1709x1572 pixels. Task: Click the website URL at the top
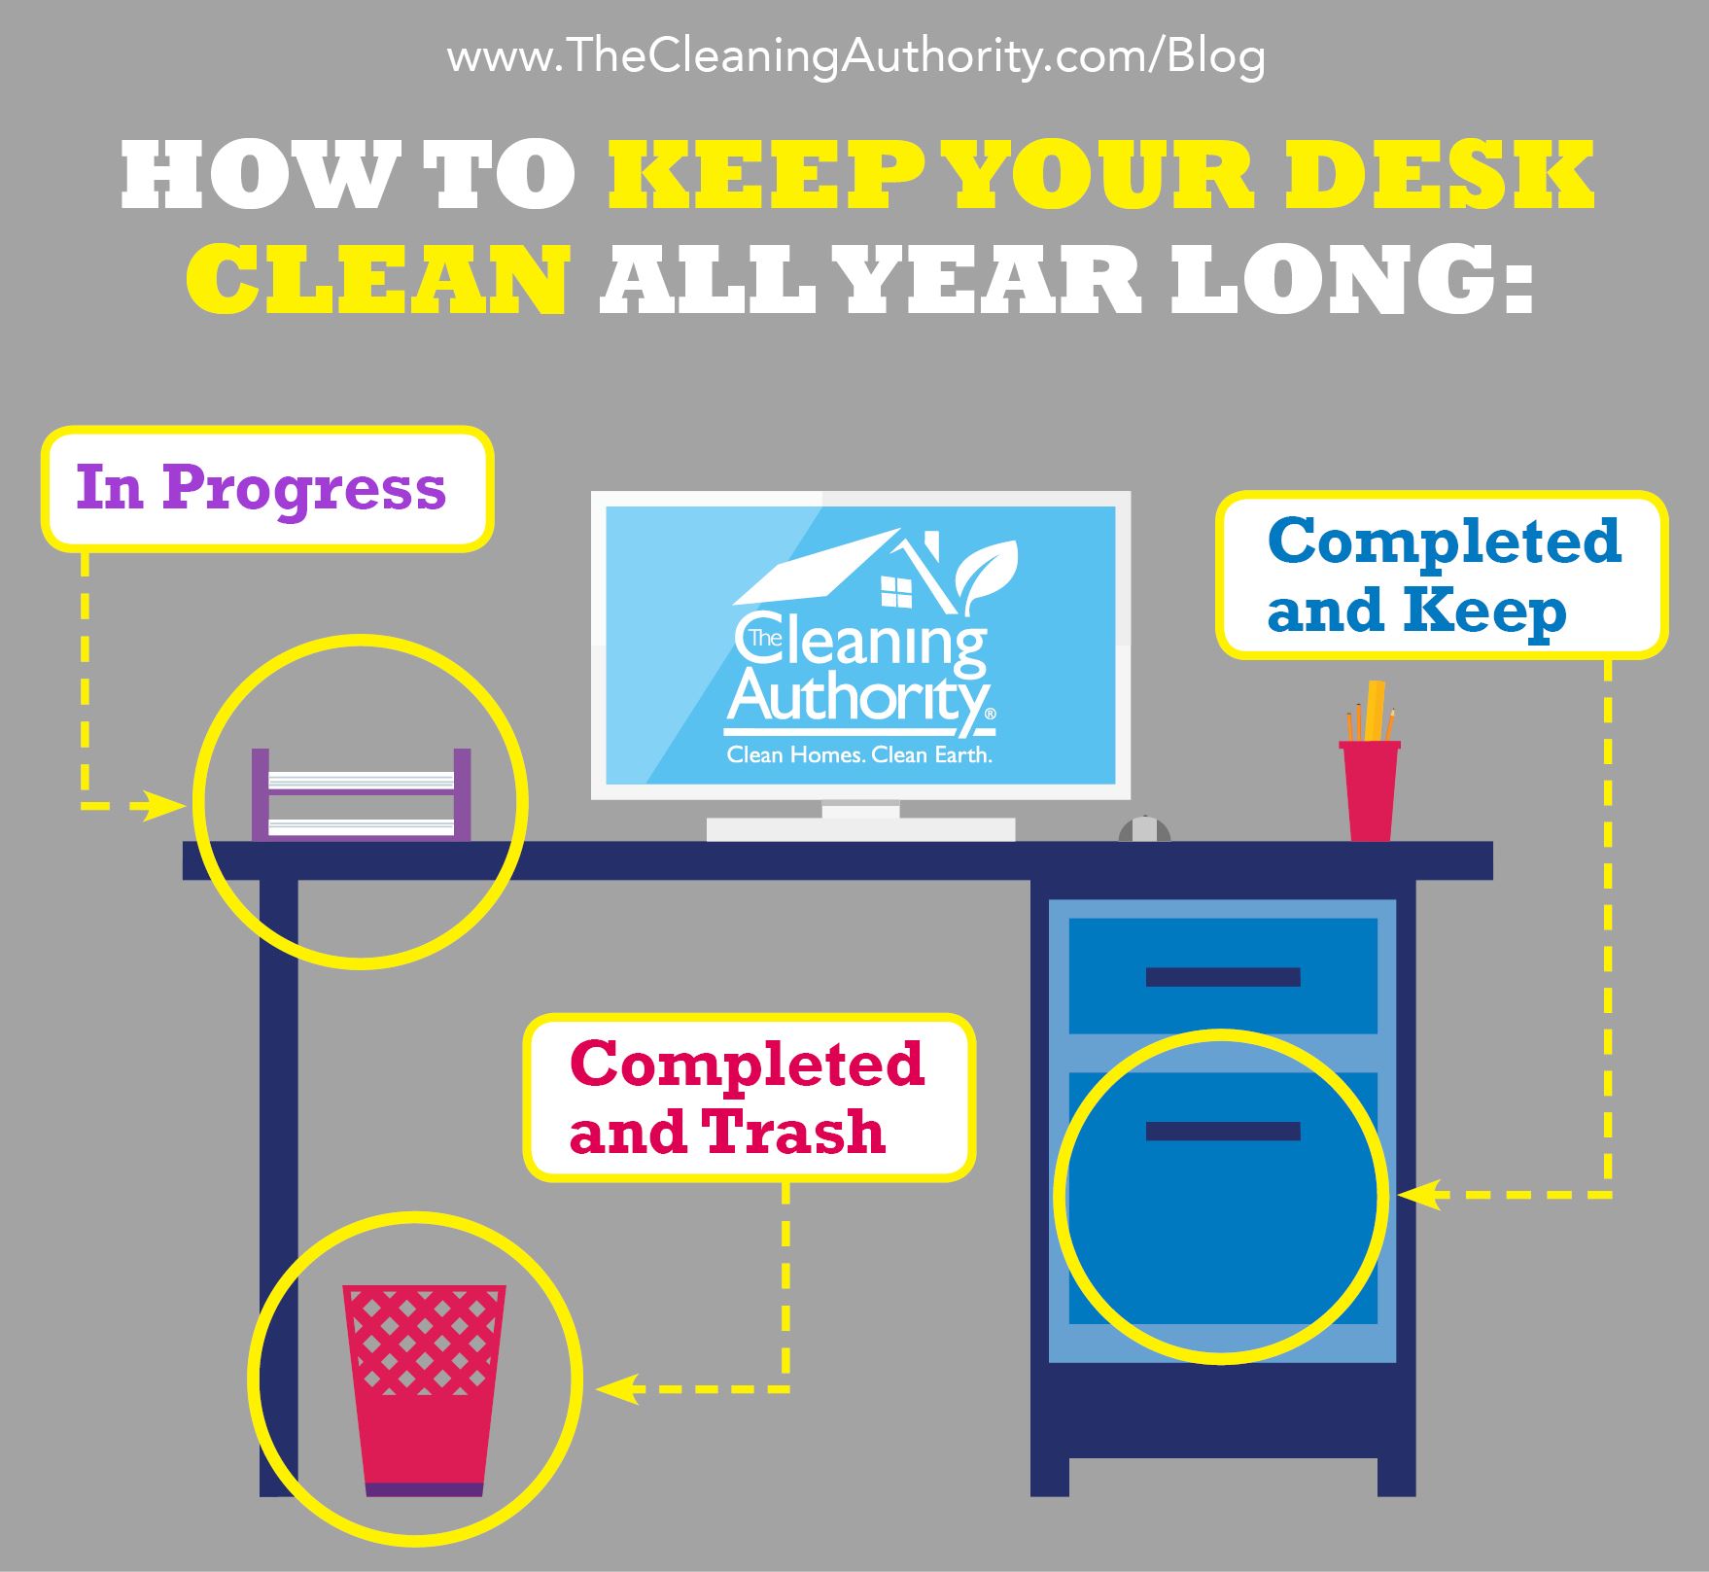coord(855,57)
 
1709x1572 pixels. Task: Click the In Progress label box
coord(266,489)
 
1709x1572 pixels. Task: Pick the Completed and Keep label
coord(1442,575)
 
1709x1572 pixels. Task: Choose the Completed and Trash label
coord(750,1097)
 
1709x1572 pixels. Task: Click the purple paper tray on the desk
coord(362,794)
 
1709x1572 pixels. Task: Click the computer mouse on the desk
coord(1144,829)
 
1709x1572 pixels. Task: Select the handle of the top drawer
coord(1223,977)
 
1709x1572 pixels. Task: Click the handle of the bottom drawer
coord(1223,1131)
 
